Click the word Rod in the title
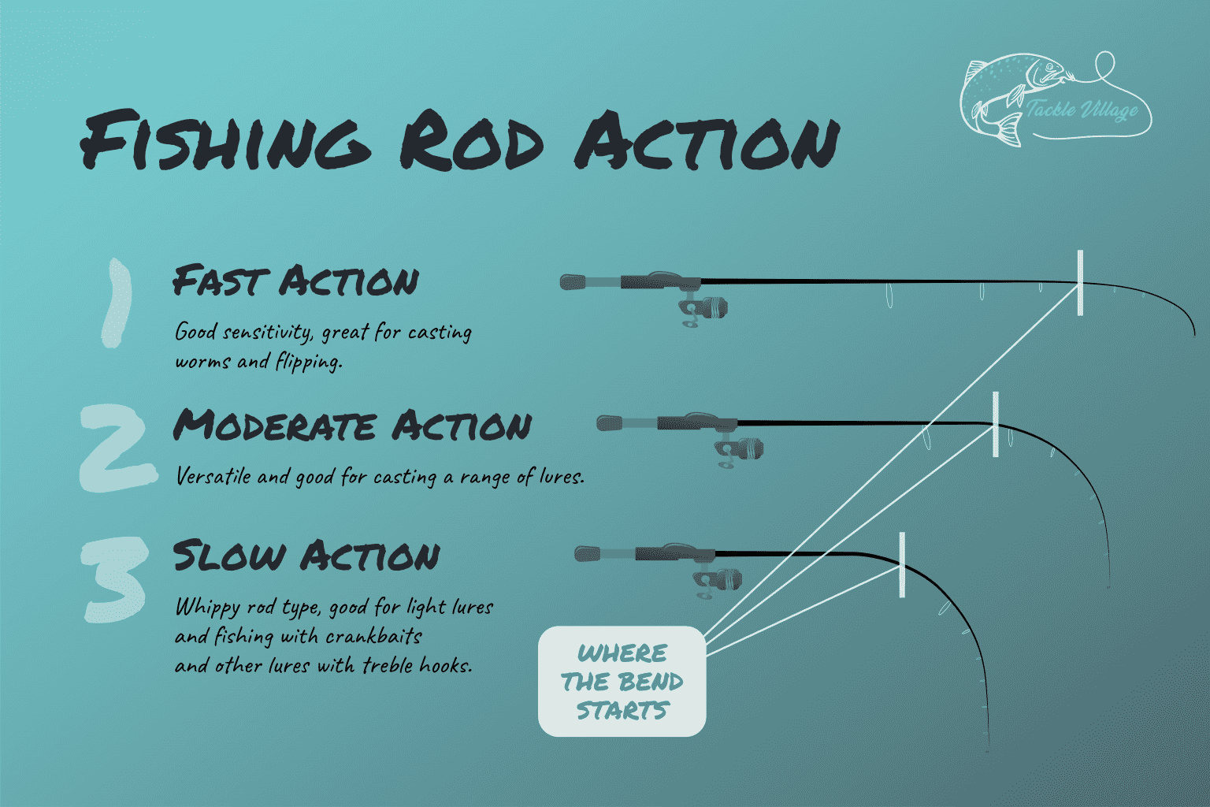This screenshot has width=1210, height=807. [x=471, y=142]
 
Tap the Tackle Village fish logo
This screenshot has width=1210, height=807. [x=1054, y=99]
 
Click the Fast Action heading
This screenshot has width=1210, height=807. [x=295, y=281]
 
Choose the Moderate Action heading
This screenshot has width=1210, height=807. [x=352, y=426]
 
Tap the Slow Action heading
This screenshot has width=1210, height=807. [x=306, y=556]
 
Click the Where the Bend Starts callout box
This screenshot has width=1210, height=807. [x=622, y=682]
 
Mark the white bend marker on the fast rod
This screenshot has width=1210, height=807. [x=1080, y=282]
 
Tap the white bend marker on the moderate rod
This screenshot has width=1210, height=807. [x=996, y=424]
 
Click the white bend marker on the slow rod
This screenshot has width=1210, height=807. [x=902, y=564]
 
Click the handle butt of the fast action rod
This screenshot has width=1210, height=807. [x=572, y=281]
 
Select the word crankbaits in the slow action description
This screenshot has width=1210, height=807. [x=373, y=636]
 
